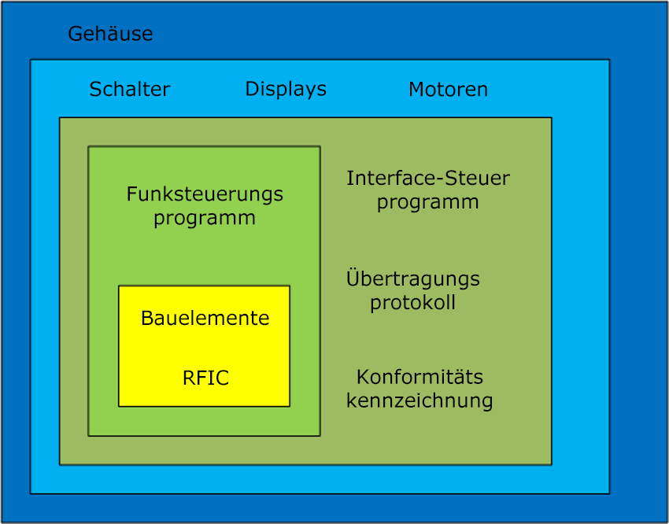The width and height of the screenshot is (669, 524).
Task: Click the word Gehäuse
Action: pos(110,34)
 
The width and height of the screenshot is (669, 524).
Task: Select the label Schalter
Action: pos(130,90)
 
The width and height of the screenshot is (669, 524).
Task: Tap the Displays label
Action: pos(286,90)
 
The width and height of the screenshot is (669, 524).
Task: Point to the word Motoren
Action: pos(448,90)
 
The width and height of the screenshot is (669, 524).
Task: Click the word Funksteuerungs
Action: pos(205,195)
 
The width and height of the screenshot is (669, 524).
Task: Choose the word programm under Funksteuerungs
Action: pos(205,218)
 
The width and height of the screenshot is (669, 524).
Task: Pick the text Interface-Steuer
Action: pos(428,179)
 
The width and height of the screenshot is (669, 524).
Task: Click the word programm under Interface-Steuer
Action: pos(427,202)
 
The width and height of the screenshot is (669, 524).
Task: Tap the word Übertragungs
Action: pos(413,278)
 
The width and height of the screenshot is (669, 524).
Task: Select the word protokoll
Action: pos(412,303)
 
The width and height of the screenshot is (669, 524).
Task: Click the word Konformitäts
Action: pos(420,377)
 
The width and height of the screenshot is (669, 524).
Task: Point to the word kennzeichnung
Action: pos(420,400)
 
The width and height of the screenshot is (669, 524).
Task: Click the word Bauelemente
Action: pos(205,318)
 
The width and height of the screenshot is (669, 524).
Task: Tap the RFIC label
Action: pos(205,378)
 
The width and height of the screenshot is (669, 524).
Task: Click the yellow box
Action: pos(204,345)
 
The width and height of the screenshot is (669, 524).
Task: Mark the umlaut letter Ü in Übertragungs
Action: pos(353,278)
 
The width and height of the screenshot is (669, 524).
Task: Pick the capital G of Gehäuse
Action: pos(76,34)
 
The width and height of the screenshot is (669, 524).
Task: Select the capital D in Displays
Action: pos(253,89)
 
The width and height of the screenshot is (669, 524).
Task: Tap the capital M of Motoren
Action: pos(417,90)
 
